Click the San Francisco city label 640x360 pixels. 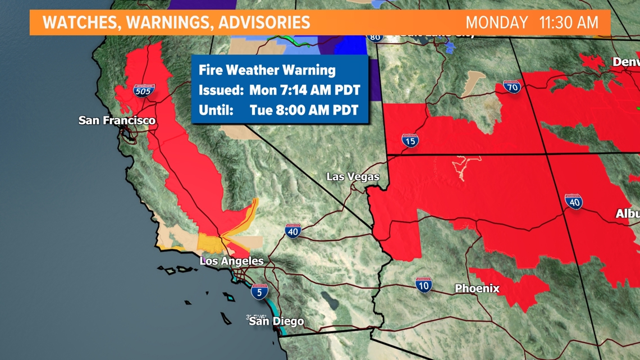click(117, 120)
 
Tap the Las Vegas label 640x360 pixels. click(353, 177)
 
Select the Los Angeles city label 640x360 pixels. click(231, 261)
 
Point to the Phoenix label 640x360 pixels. click(477, 289)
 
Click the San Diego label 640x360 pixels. click(276, 321)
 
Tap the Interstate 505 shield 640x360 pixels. click(144, 90)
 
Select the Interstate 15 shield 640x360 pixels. click(410, 140)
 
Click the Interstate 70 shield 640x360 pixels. click(511, 87)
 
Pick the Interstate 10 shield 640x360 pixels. click(424, 285)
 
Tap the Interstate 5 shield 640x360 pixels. click(259, 291)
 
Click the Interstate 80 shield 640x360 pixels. click(375, 38)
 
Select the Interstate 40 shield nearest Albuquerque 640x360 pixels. click(573, 202)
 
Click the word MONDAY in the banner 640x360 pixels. click(497, 23)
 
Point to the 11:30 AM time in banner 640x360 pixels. click(568, 23)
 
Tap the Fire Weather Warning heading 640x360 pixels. click(267, 70)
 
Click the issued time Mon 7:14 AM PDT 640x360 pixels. click(304, 90)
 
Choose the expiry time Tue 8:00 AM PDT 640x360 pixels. click(304, 110)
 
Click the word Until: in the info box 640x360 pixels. click(216, 110)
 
